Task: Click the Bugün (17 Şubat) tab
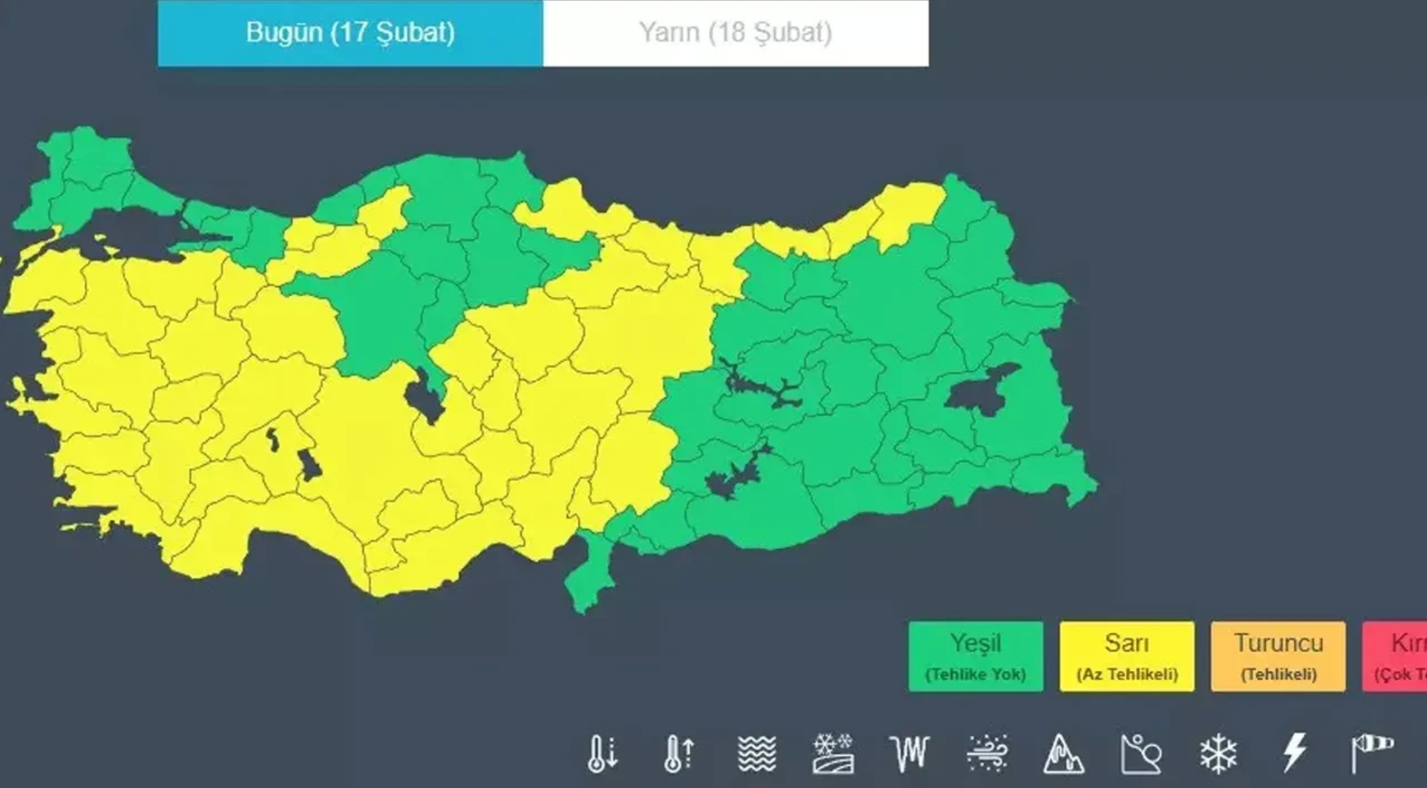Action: (x=350, y=33)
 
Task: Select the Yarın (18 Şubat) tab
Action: (x=736, y=33)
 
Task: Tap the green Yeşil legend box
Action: (x=975, y=656)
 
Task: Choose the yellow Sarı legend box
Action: (x=1126, y=656)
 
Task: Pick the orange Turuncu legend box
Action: (x=1278, y=656)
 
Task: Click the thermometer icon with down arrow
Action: (x=602, y=753)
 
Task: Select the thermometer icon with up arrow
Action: (x=678, y=753)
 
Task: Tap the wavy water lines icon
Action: (x=756, y=753)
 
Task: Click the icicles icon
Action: (x=909, y=753)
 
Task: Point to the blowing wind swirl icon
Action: (x=987, y=753)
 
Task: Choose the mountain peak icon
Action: (x=1063, y=753)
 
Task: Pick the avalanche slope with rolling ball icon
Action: (x=1141, y=753)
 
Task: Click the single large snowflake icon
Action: (x=1218, y=753)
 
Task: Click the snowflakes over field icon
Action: (x=833, y=753)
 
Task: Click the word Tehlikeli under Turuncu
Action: (x=1278, y=675)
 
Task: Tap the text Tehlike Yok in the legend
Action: (x=975, y=675)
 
